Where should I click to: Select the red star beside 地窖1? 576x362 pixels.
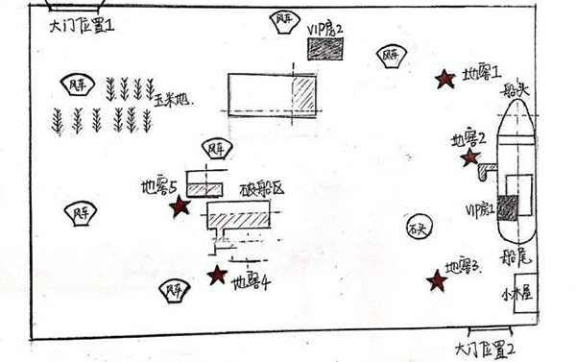point(444,80)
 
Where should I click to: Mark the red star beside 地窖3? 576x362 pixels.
point(437,280)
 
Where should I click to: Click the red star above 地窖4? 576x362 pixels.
point(218,276)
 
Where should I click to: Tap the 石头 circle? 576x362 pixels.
point(416,230)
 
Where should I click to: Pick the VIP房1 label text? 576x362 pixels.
point(479,209)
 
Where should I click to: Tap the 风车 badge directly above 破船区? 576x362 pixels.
point(217,149)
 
